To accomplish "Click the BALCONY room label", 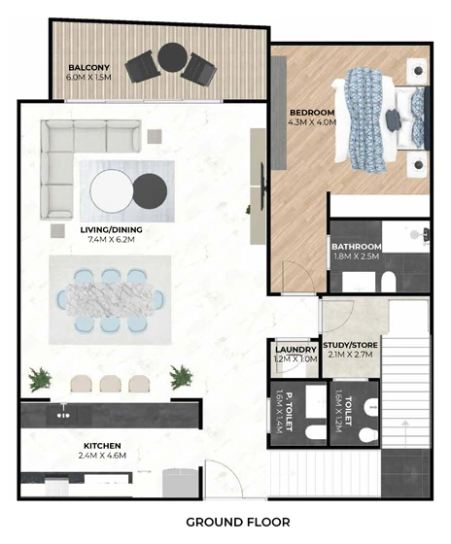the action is [x=88, y=68].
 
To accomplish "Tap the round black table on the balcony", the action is [x=173, y=57].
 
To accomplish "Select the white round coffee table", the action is [x=112, y=190].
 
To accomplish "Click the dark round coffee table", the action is [x=150, y=191].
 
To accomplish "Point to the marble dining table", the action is [x=110, y=300].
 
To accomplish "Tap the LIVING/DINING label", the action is [x=111, y=229].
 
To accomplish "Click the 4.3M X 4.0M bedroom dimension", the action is [x=312, y=122].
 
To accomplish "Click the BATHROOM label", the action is [x=356, y=247].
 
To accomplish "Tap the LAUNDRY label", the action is [x=295, y=350].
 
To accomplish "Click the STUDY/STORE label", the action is [x=350, y=345].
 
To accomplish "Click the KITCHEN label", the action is [x=102, y=446].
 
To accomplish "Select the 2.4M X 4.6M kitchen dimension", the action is [x=102, y=456].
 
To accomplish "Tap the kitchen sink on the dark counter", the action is [x=63, y=414].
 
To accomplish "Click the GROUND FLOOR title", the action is [x=238, y=523].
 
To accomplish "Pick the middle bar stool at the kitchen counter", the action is [x=111, y=384].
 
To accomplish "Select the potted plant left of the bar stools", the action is [x=40, y=379].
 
